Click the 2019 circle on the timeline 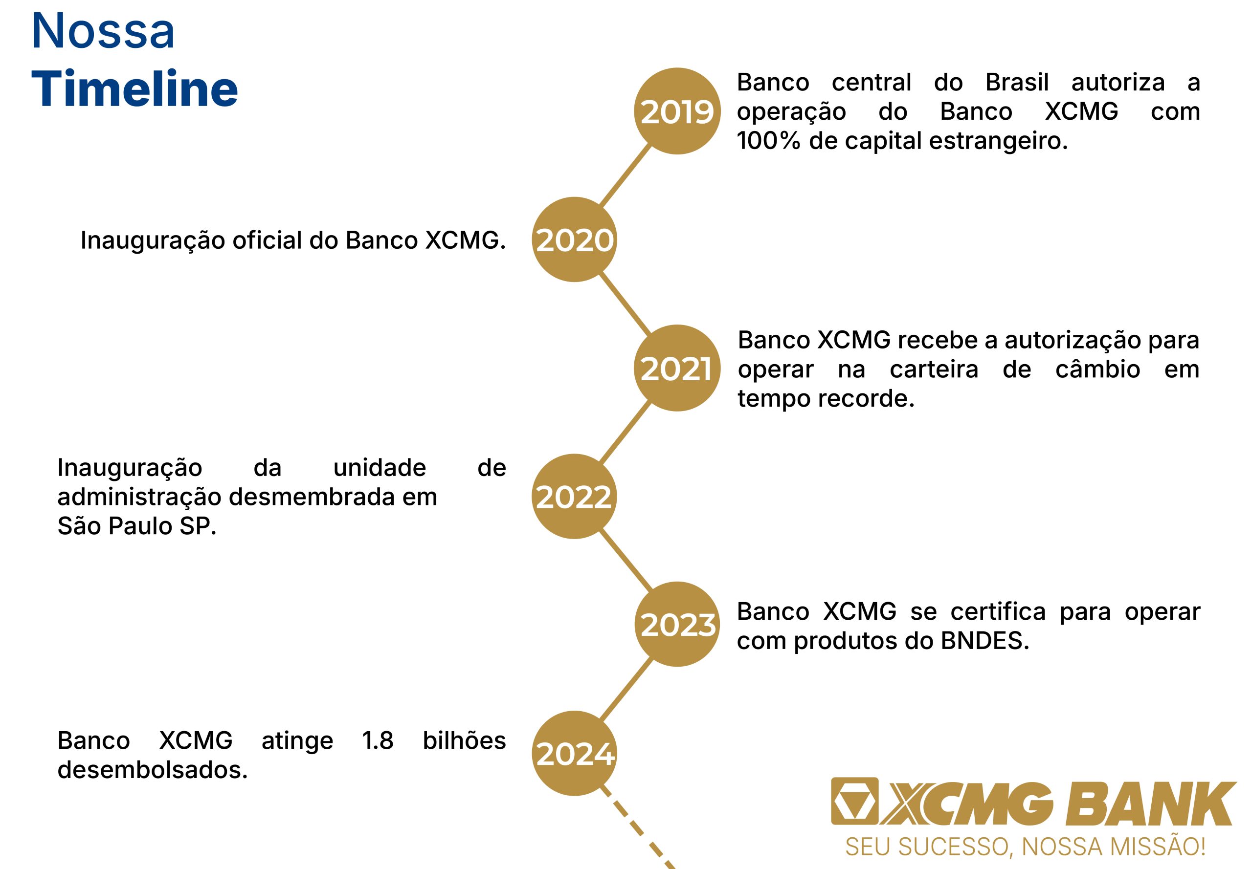[677, 111]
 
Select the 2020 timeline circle [574, 239]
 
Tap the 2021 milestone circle [677, 368]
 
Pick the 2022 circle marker [574, 497]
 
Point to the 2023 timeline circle [677, 625]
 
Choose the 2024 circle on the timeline [574, 754]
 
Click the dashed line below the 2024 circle [637, 826]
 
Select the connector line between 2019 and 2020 [626, 175]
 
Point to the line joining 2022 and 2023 [626, 561]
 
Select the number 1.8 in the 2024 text [378, 740]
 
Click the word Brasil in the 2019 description [1017, 82]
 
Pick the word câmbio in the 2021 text [1097, 369]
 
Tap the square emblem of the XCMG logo [854, 801]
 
